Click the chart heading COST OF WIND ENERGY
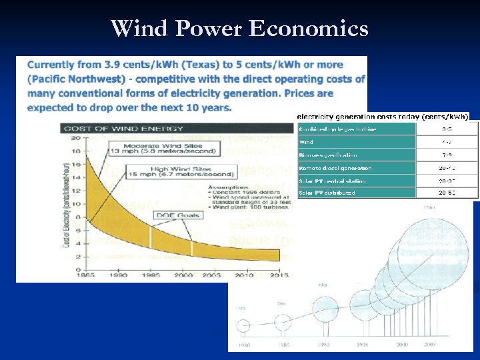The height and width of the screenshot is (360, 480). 123,128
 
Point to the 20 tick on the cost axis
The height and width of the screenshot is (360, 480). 75,138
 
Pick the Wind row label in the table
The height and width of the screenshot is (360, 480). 307,142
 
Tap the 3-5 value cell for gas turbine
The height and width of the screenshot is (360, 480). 447,129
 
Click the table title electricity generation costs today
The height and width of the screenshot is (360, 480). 383,116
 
